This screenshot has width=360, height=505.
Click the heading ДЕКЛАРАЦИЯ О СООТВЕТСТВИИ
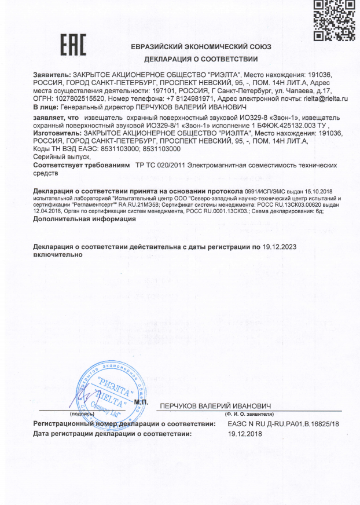pos(201,59)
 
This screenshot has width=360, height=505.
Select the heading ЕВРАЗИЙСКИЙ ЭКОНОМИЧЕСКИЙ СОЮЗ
pos(201,46)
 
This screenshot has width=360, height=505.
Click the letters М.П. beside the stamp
pos(141,402)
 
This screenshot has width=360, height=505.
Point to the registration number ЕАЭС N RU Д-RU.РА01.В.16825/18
pos(284,425)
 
